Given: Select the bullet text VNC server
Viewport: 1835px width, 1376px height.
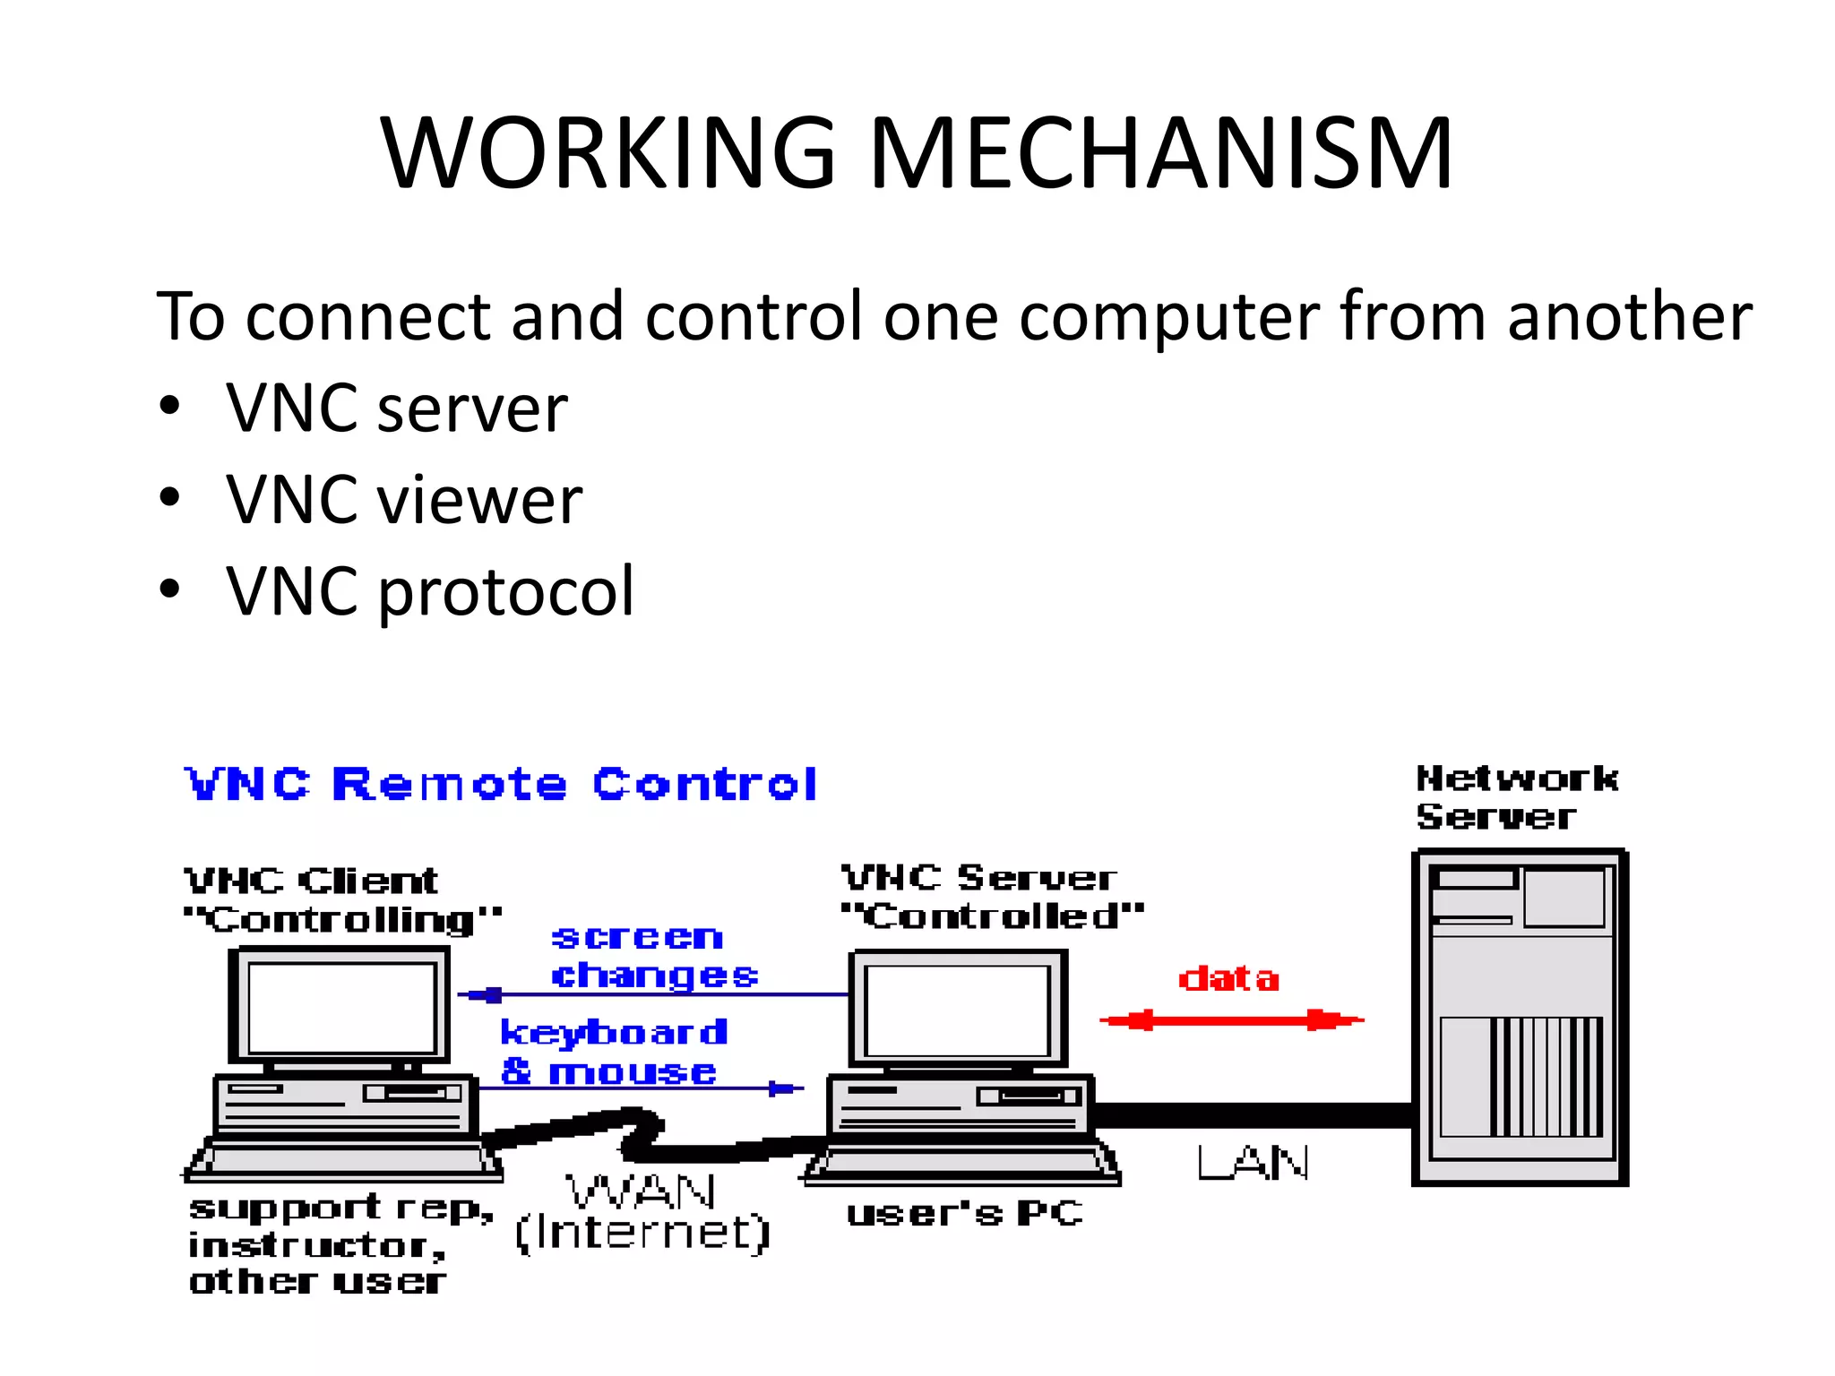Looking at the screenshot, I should (396, 408).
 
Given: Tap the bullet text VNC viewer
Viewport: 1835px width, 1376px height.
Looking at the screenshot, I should (403, 500).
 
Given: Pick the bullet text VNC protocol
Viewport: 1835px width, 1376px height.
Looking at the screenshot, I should (430, 591).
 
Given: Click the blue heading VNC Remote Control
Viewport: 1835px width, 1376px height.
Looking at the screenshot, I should (500, 785).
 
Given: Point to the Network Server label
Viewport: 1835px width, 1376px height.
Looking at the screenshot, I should (1516, 797).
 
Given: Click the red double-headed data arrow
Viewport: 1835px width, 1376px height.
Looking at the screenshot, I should (1231, 1020).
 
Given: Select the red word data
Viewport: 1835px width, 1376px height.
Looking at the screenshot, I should (1228, 978).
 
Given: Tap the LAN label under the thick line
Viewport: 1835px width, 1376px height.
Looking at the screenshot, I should (1253, 1164).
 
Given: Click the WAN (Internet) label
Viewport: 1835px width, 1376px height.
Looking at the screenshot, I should (642, 1213).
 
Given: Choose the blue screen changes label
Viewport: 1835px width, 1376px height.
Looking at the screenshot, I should (652, 956).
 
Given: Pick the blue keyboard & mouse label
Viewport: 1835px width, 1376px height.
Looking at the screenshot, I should (613, 1052).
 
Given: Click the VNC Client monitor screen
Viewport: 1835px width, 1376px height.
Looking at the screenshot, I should (340, 1008).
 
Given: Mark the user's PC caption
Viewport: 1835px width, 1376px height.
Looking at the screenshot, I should (964, 1214).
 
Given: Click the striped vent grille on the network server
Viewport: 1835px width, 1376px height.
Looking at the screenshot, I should (1546, 1076).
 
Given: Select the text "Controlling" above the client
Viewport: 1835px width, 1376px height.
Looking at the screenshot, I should (341, 919).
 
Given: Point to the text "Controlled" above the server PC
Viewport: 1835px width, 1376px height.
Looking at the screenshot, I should (992, 916).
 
